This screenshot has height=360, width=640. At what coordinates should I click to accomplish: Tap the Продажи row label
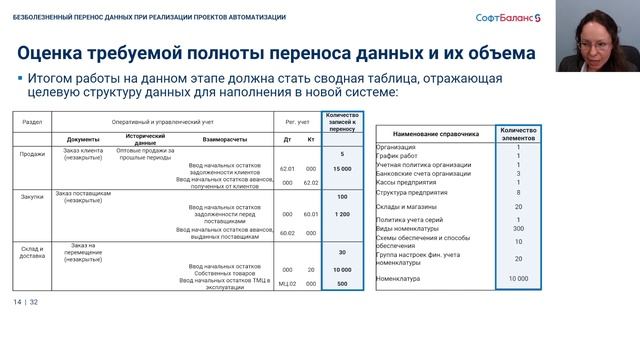coord(33,153)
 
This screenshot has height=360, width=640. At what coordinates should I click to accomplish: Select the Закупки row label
coord(33,198)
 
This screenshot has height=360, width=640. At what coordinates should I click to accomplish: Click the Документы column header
coord(83,139)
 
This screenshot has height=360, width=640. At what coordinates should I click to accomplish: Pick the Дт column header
coord(288,139)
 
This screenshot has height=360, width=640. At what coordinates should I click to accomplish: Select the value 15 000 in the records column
coord(342,169)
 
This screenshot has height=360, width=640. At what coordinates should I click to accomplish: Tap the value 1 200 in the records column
coord(342,214)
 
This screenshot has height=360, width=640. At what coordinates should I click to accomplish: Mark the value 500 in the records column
coord(342,283)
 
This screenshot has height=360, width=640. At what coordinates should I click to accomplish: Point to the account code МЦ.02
coord(287,283)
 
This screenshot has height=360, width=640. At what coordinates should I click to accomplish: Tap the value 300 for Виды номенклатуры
coord(518,229)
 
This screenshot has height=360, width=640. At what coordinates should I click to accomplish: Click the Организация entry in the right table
coord(398,147)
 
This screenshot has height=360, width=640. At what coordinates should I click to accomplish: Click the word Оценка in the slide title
coord(62,52)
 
